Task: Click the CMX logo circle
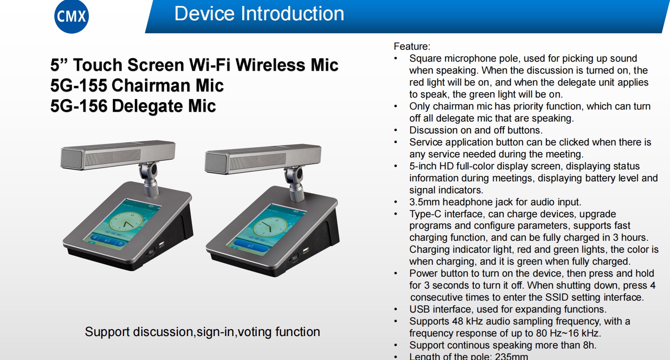71,17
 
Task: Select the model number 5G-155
79,86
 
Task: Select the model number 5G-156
79,106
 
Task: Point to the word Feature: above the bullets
412,46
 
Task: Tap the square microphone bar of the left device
118,155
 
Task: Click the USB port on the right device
305,251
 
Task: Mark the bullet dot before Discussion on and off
396,130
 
